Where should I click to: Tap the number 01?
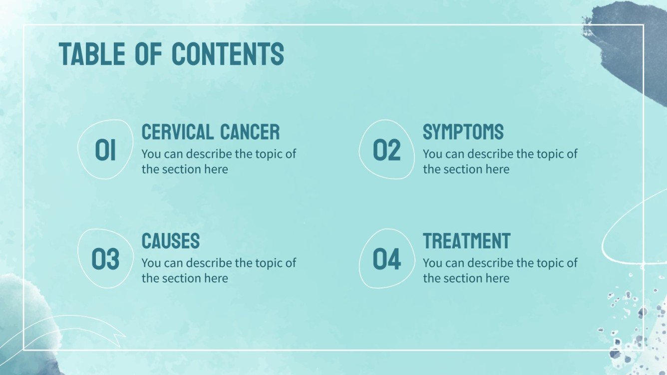pyautogui.click(x=105, y=151)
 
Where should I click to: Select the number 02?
pyautogui.click(x=386, y=151)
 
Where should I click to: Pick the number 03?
pyautogui.click(x=105, y=259)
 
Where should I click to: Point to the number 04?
pyautogui.click(x=386, y=259)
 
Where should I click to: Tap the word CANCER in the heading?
pyautogui.click(x=250, y=132)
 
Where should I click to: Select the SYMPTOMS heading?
pyautogui.click(x=463, y=132)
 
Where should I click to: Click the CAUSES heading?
pyautogui.click(x=170, y=241)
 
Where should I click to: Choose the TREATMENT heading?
pyautogui.click(x=466, y=241)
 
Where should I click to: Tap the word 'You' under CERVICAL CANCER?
pyautogui.click(x=151, y=154)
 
